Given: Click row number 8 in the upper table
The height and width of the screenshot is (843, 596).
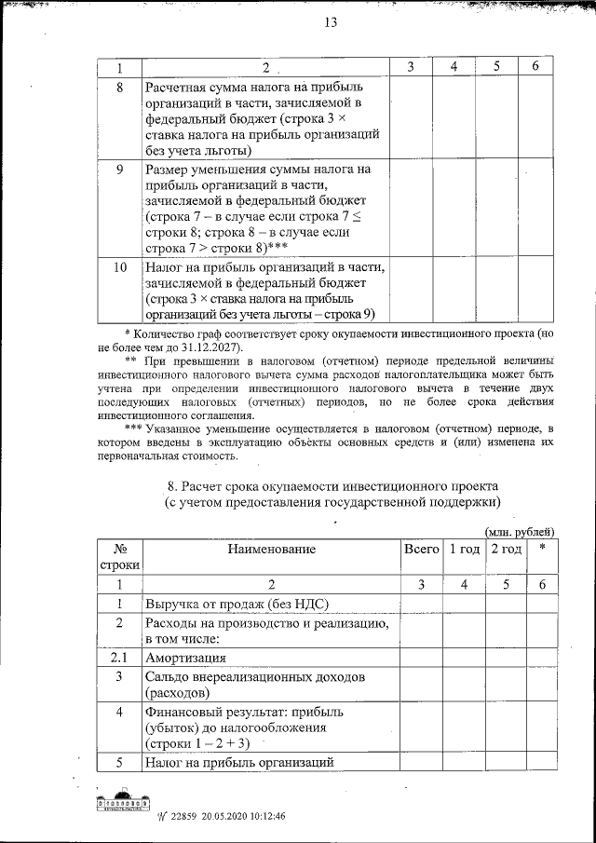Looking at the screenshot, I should coord(119,88).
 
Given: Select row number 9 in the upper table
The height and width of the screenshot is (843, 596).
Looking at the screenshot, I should coord(119,170).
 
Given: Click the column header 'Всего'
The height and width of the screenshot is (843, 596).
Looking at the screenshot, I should coord(421,550).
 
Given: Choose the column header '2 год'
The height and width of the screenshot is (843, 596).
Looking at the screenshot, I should coord(506,550).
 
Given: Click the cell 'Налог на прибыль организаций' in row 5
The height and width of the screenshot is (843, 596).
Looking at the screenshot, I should coord(238,763).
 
